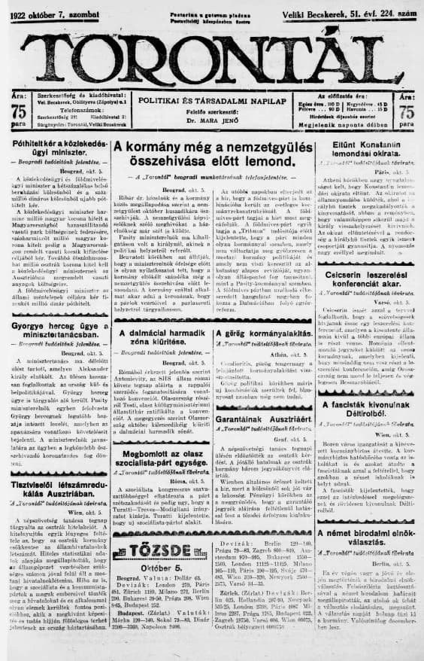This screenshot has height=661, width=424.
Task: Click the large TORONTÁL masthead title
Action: tap(212, 54)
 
